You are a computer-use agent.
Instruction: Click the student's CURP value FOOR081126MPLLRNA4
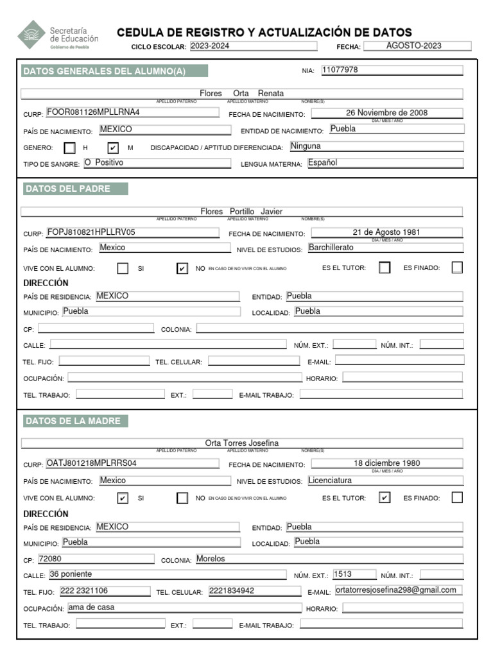(x=137, y=112)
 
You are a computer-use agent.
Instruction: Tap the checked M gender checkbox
(x=113, y=148)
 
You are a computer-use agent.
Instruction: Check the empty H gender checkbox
(x=70, y=148)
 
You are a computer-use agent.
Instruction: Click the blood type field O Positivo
(x=156, y=163)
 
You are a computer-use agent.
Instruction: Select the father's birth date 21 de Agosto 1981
(x=387, y=232)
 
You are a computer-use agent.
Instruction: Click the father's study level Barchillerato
(x=385, y=247)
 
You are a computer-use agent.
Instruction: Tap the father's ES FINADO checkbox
(x=457, y=268)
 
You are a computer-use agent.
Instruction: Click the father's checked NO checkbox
(x=182, y=268)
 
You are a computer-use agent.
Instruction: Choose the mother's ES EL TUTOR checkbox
(x=385, y=497)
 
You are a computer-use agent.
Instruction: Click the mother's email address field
(x=398, y=590)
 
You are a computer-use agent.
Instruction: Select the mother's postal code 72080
(x=96, y=558)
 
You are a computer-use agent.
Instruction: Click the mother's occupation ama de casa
(x=184, y=607)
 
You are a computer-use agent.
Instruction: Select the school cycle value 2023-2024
(x=253, y=46)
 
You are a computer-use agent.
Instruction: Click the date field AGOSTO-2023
(x=418, y=46)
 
